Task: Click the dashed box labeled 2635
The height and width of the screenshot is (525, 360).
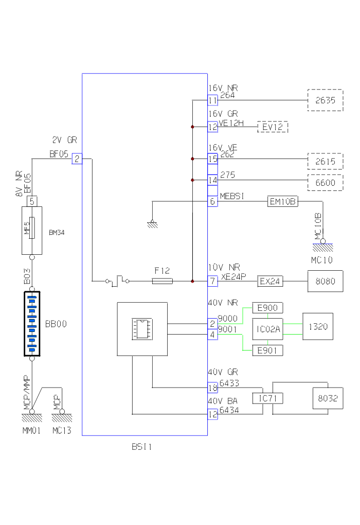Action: pos(325,100)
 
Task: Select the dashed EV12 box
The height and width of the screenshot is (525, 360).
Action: pos(273,127)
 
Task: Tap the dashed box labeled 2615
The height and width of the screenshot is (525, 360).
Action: pos(325,162)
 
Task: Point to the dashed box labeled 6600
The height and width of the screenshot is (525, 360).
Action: pos(325,182)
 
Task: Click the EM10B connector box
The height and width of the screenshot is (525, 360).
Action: pos(283,202)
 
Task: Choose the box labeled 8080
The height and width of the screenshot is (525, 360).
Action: pos(325,282)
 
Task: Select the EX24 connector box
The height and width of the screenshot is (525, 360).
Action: pos(270,282)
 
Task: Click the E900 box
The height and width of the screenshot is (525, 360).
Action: pos(267,308)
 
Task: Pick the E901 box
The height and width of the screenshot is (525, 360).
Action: pos(267,351)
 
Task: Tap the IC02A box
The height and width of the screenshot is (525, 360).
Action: pos(267,329)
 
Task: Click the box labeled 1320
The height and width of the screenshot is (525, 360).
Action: pos(317,326)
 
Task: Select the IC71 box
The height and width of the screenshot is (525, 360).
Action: pos(267,398)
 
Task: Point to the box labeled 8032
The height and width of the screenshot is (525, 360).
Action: pos(328,398)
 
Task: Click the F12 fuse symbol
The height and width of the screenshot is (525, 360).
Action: pos(163,281)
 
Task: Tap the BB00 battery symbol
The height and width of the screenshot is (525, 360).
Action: pos(32,324)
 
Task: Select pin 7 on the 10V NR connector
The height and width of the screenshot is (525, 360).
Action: pos(212,282)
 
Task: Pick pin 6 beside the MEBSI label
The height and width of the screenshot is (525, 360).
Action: pos(212,202)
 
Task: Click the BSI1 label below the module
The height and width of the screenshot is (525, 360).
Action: pos(142,447)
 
